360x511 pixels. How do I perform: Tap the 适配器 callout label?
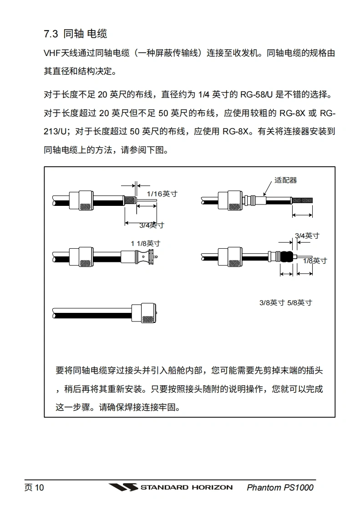(x=285, y=180)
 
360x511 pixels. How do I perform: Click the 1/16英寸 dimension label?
(x=162, y=194)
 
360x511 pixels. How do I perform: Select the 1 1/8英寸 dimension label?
(x=145, y=244)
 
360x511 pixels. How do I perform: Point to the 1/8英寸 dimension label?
(x=315, y=261)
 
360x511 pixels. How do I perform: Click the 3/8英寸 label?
(x=272, y=302)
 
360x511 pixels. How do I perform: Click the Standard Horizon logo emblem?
(x=123, y=487)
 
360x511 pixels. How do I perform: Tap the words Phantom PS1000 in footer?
(x=280, y=488)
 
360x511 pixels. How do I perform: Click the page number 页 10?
(x=34, y=488)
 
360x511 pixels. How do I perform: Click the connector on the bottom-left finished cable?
(x=145, y=312)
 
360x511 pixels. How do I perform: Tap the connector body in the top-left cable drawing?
(x=81, y=200)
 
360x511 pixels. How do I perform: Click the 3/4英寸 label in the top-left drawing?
(x=151, y=225)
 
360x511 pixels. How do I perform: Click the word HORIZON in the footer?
(x=211, y=487)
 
